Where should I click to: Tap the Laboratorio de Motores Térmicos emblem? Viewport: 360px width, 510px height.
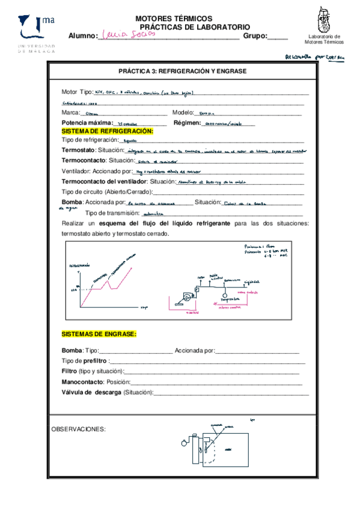(325, 22)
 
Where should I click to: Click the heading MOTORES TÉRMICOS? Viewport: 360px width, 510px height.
(174, 19)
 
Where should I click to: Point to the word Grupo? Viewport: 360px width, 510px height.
(255, 36)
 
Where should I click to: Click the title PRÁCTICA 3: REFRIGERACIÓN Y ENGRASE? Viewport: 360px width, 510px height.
(182, 70)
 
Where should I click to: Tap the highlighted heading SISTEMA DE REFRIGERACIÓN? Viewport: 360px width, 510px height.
(108, 131)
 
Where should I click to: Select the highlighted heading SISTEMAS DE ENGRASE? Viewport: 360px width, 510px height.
(99, 334)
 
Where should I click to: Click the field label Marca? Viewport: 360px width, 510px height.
(71, 113)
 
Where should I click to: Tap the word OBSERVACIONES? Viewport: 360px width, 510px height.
(78, 429)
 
